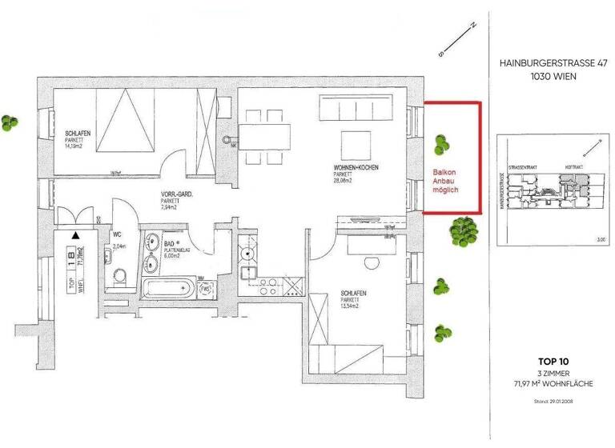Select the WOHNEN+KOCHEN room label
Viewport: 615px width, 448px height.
coord(356,167)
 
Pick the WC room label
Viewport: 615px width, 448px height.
coord(118,235)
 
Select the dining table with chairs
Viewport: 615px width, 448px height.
coord(266,137)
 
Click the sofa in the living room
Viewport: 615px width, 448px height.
coord(356,106)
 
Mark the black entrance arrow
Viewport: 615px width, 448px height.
coord(74,235)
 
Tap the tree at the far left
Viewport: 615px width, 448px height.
coord(10,122)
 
